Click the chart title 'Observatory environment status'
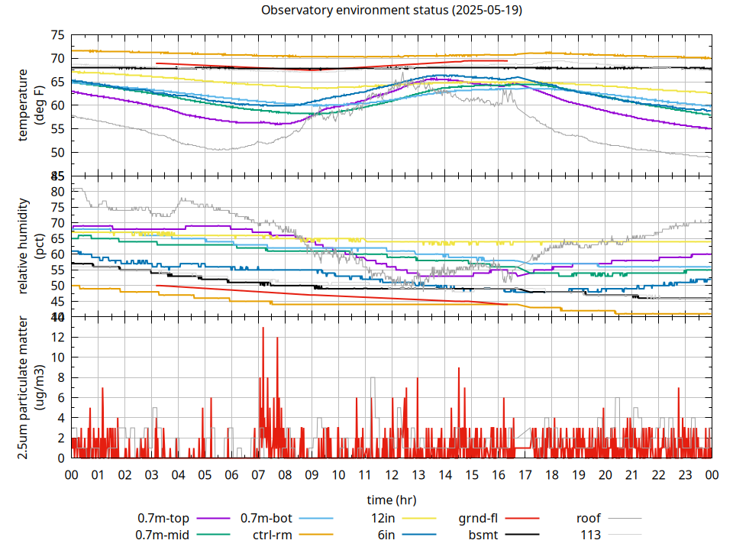click(x=391, y=11)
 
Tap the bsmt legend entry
click(x=483, y=535)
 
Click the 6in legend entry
click(x=386, y=535)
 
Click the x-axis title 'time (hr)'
click(x=391, y=500)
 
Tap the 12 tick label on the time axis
click(x=391, y=474)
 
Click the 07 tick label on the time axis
click(x=258, y=474)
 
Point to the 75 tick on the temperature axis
click(x=57, y=35)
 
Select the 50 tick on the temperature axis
click(x=57, y=152)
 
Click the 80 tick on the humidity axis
click(x=57, y=191)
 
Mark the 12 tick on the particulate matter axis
click(x=57, y=337)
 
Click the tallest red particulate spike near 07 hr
click(x=263, y=328)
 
